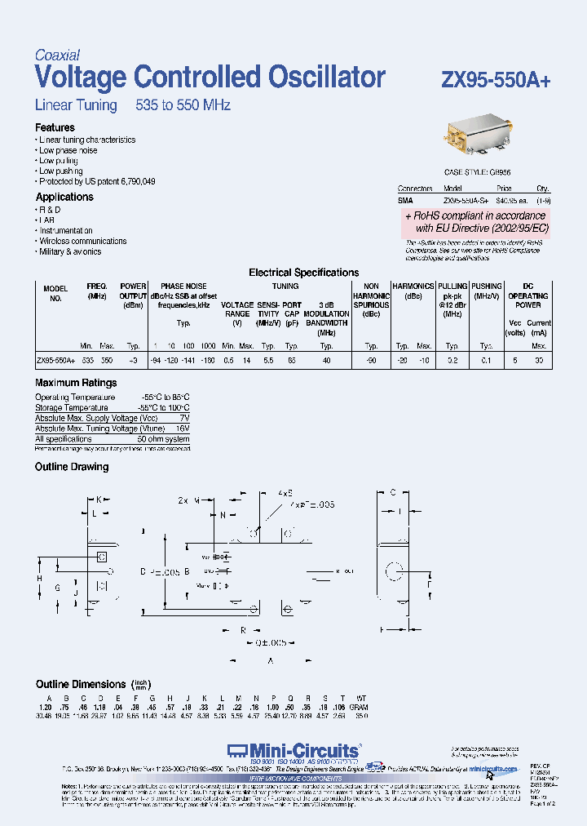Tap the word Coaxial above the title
click(x=57, y=56)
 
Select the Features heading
click(x=55, y=127)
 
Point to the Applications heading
click(x=64, y=197)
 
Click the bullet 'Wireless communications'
click(x=83, y=241)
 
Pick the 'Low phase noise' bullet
click(x=68, y=150)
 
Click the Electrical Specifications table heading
click(x=303, y=273)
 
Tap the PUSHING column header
click(x=488, y=286)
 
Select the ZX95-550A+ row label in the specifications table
click(x=55, y=360)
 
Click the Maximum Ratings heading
click(x=76, y=382)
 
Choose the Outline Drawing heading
click(x=72, y=467)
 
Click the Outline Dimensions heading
click(x=81, y=684)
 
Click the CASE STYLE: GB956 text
click(x=477, y=173)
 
